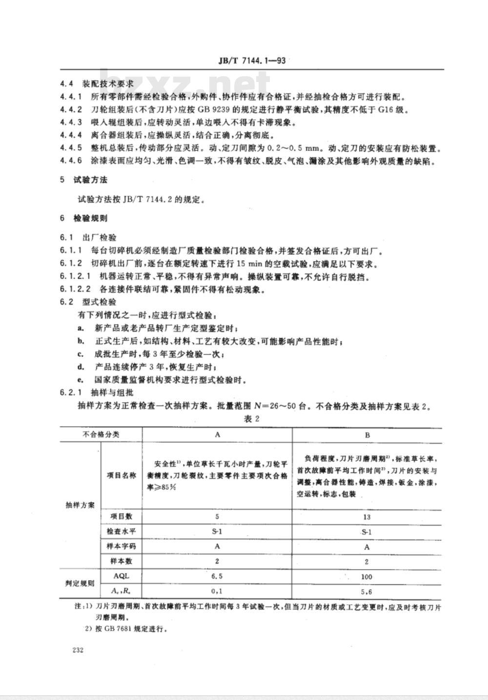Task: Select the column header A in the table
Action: coord(218,434)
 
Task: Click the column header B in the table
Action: coord(367,434)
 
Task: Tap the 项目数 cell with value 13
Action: coord(367,517)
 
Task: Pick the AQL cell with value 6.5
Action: coord(217,576)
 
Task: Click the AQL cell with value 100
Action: coord(367,576)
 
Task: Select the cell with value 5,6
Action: coord(367,591)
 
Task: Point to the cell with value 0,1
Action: coord(217,591)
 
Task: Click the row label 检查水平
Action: coord(119,531)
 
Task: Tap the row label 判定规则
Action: coord(80,583)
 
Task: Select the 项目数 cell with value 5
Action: coord(217,516)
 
